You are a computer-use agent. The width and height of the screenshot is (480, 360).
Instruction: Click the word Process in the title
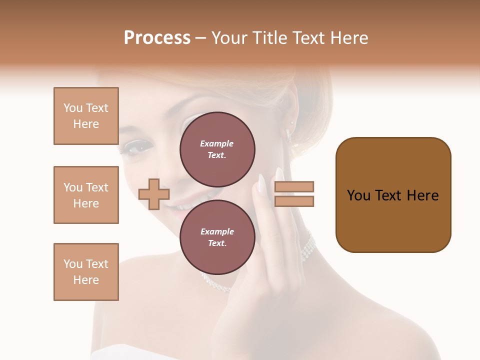coord(157,38)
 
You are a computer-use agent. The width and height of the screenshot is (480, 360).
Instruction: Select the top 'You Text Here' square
coord(86,116)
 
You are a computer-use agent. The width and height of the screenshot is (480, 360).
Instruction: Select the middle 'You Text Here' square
coord(86,195)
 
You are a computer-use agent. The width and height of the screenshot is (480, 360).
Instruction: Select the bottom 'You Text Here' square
coord(86,272)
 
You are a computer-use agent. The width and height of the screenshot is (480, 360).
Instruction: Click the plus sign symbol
coord(154,194)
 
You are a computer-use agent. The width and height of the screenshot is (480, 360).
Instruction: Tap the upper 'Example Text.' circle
coord(217,149)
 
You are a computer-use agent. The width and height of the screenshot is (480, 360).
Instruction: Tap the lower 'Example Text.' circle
coord(217,237)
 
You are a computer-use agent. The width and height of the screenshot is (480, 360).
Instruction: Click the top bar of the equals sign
coord(294,186)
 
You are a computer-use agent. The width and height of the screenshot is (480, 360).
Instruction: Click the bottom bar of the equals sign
coord(294,201)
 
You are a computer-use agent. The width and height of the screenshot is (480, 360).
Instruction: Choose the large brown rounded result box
coord(393,195)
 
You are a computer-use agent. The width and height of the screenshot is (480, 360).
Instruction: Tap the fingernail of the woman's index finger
coord(261,182)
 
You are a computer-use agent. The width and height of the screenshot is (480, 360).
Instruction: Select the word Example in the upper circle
coord(217,143)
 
